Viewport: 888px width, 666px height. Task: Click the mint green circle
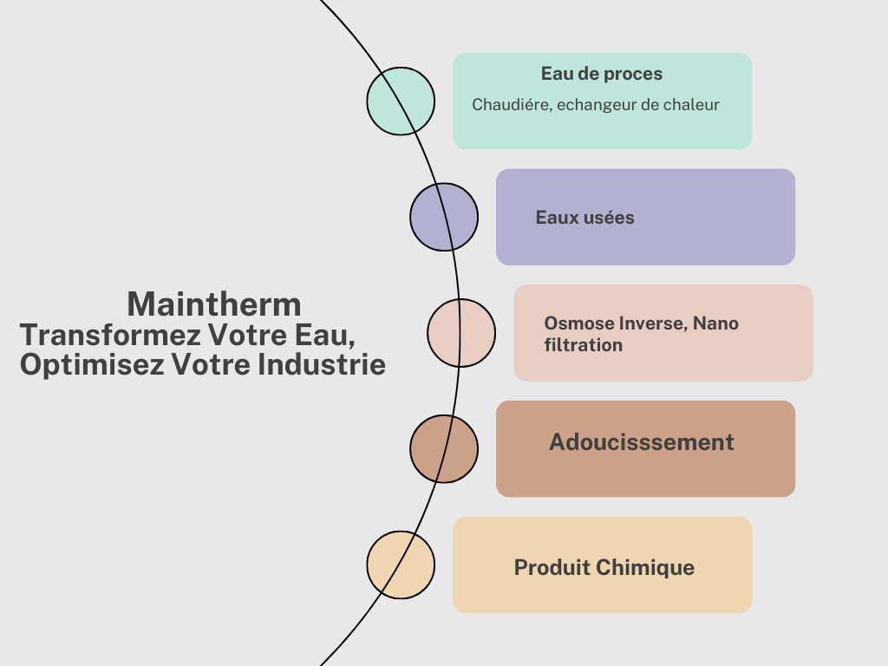[401, 101]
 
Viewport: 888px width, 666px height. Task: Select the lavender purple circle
[444, 217]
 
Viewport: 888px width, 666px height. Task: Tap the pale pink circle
[461, 333]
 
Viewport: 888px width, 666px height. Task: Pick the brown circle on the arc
[444, 448]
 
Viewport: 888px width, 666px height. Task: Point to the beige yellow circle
[401, 565]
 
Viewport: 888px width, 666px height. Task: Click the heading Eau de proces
[602, 74]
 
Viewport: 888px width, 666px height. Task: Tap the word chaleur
[692, 105]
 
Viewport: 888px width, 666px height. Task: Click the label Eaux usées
[584, 218]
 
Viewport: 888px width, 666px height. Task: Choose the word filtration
[583, 345]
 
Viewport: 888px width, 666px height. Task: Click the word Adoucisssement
[642, 442]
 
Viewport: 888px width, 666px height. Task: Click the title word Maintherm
[214, 304]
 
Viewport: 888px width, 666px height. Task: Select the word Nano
[716, 323]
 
